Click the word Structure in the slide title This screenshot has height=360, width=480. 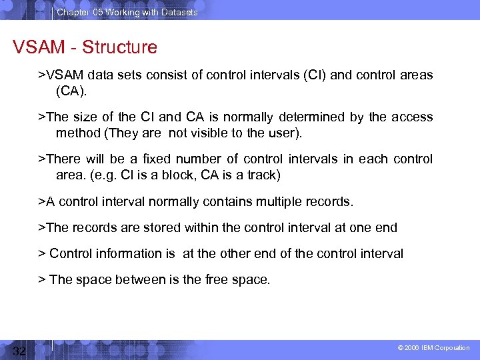(x=121, y=47)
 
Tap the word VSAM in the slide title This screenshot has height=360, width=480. (x=39, y=47)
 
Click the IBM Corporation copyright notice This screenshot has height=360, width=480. (x=434, y=348)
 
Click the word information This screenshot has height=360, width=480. (x=130, y=253)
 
